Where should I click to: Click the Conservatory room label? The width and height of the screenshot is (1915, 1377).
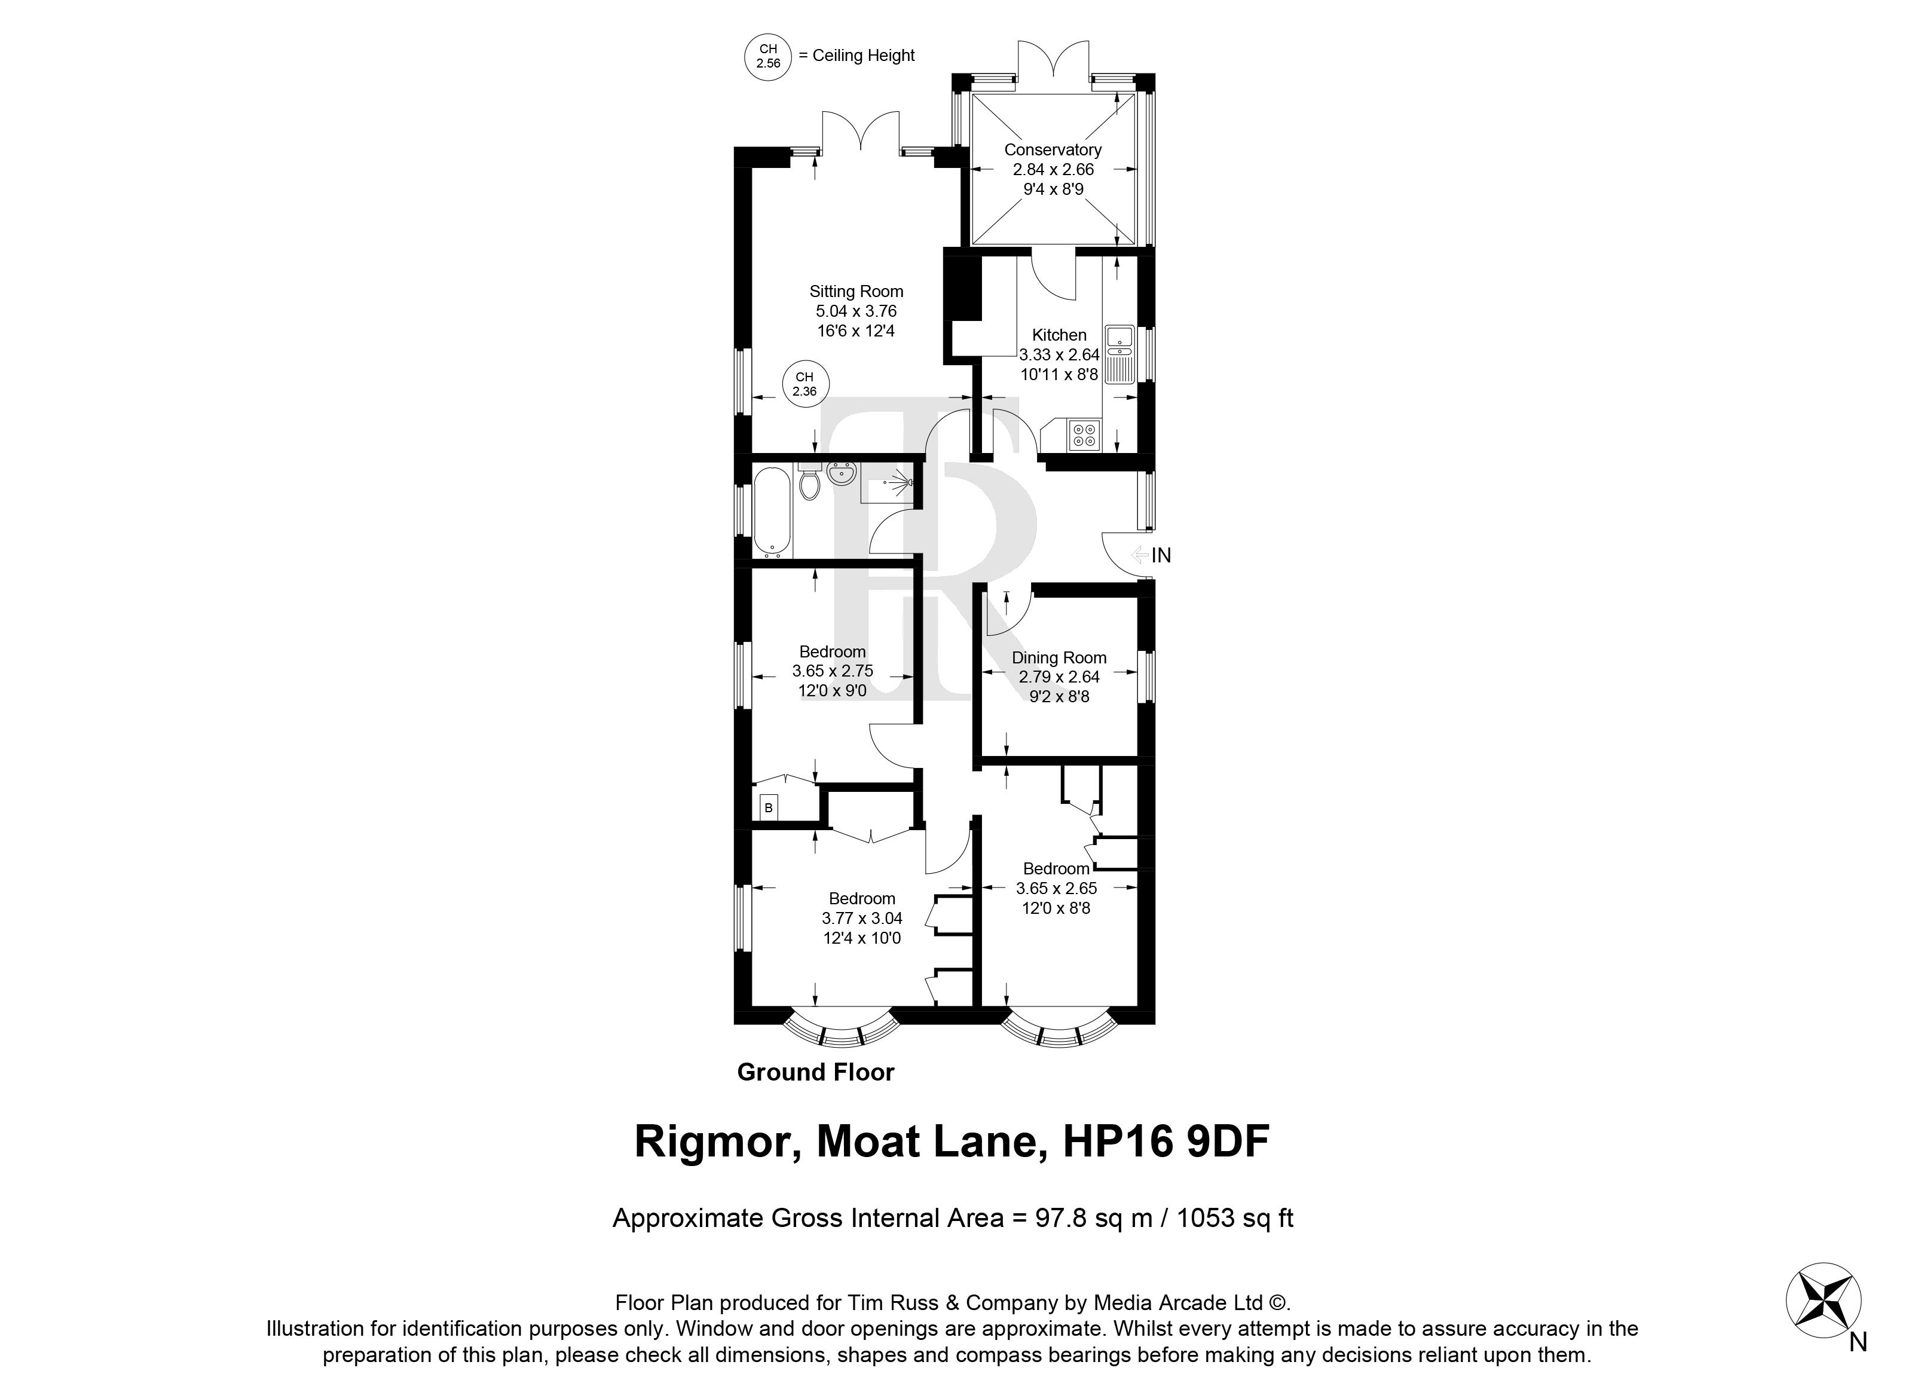[1053, 150]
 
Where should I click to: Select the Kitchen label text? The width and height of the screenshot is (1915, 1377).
[1060, 335]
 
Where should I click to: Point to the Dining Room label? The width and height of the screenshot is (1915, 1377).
[1059, 657]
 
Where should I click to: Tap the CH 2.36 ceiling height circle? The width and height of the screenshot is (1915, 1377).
[804, 384]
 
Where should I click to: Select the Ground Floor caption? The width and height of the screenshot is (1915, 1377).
[816, 1072]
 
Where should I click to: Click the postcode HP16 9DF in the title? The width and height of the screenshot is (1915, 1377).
[1166, 1142]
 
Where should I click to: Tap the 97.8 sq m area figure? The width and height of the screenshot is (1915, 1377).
[1094, 1218]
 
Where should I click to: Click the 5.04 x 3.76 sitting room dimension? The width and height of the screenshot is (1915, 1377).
[856, 311]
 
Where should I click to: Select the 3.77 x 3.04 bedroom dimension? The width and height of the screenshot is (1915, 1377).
[862, 918]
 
